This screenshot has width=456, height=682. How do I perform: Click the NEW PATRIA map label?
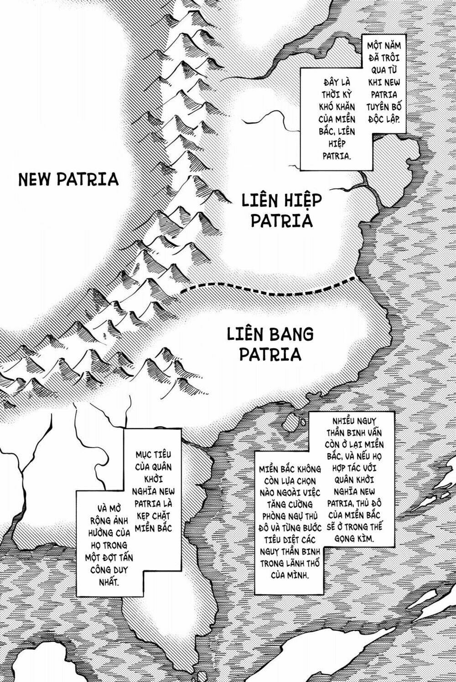(68, 179)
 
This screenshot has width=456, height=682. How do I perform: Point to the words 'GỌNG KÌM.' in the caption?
(357, 539)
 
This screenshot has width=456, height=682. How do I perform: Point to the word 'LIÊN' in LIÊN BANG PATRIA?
(245, 334)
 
